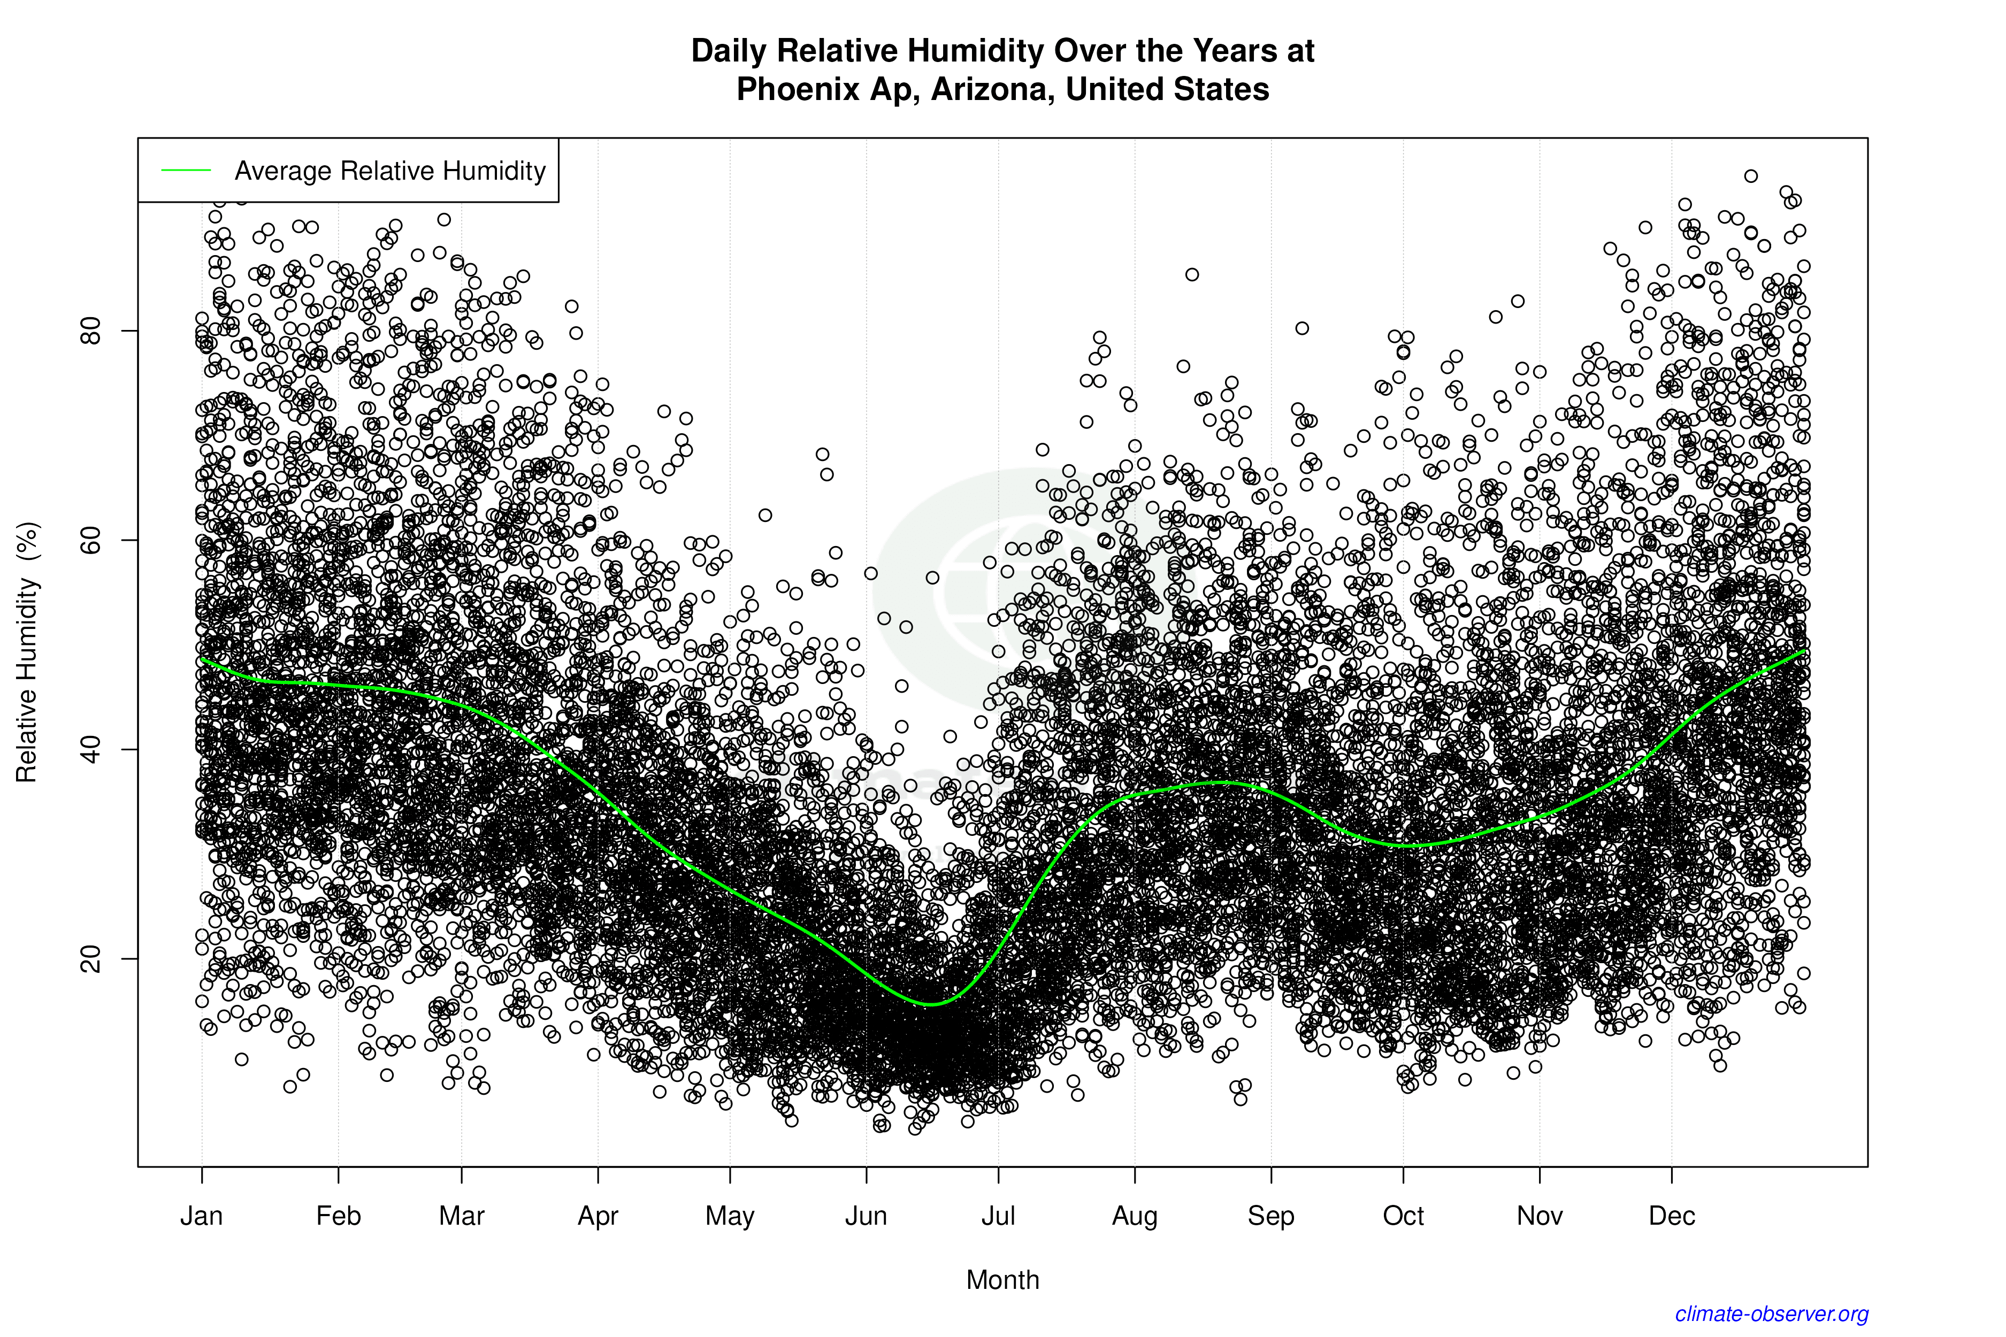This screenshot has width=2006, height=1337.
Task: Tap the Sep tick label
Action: (1271, 1216)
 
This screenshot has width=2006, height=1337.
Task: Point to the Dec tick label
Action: (1672, 1216)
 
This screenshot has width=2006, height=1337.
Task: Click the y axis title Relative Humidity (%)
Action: (27, 652)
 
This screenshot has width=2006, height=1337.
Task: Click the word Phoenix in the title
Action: (798, 89)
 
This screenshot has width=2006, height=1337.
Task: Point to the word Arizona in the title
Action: (992, 89)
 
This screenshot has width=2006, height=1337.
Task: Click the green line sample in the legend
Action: (186, 171)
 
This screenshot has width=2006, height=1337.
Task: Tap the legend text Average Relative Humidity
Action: (390, 171)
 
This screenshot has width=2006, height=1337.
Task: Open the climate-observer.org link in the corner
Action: (1772, 1314)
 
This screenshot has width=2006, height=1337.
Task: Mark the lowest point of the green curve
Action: (931, 1004)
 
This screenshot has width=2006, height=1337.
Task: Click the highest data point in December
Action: (1751, 175)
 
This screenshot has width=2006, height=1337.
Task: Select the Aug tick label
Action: (1135, 1216)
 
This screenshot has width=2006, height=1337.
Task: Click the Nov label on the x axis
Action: (1540, 1216)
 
